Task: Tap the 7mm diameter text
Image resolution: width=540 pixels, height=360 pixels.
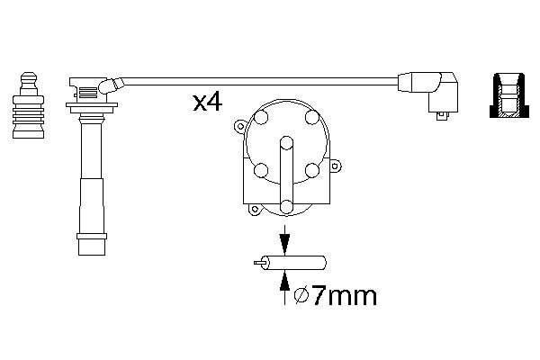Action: [x=338, y=295]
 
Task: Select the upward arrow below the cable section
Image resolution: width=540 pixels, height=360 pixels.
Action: [x=284, y=289]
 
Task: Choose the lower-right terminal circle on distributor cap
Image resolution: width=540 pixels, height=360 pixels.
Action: [x=311, y=169]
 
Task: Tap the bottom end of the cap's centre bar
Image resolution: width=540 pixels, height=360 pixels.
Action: [x=285, y=206]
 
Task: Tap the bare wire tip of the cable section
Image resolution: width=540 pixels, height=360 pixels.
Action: [x=259, y=265]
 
